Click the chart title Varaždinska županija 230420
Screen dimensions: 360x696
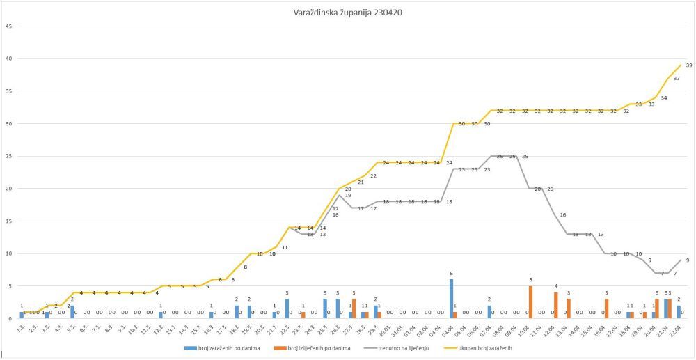pos(347,12)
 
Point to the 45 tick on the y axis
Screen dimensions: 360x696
pos(8,26)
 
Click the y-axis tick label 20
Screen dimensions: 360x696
pos(8,189)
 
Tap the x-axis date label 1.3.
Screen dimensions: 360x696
pos(22,328)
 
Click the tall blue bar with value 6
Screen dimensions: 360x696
pos(451,299)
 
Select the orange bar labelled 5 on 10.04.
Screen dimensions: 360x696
pos(530,302)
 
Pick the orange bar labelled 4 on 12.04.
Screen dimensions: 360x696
pos(555,306)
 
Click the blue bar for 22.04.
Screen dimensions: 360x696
pos(679,312)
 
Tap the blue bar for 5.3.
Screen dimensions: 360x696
pos(72,312)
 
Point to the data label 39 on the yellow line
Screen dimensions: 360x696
pos(688,65)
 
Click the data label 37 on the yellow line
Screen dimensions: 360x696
pos(677,78)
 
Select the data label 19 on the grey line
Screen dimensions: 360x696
pos(347,196)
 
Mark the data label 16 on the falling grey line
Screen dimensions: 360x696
pos(562,215)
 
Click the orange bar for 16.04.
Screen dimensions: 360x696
pos(606,308)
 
